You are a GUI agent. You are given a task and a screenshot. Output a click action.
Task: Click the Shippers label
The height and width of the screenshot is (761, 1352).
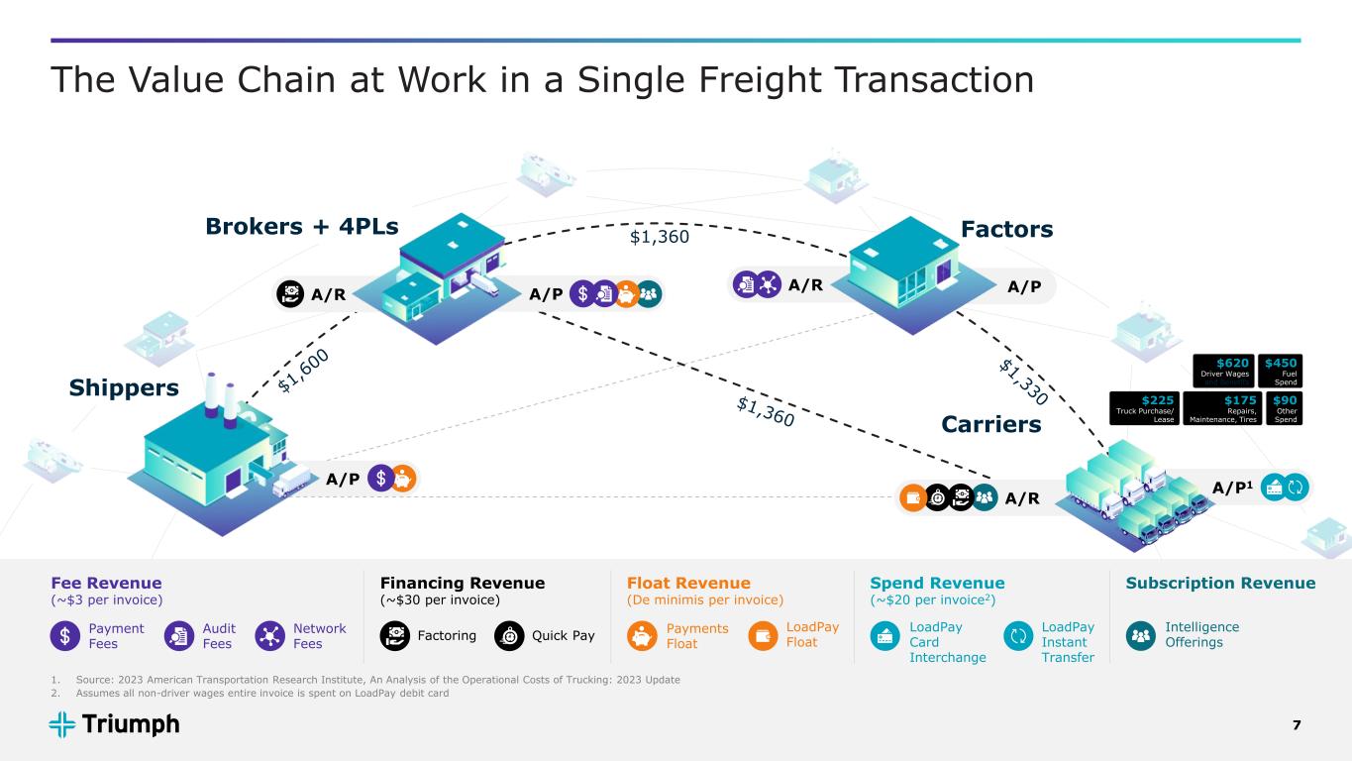(x=124, y=387)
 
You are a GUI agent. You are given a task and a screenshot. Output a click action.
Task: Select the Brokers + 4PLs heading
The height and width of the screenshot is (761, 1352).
(x=302, y=227)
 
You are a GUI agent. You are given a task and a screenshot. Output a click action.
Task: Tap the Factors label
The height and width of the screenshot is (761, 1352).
(x=1006, y=230)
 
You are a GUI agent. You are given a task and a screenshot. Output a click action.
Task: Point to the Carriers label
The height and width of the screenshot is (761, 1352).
(x=990, y=424)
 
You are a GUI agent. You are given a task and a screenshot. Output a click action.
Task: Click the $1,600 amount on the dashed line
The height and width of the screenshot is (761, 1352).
(x=303, y=370)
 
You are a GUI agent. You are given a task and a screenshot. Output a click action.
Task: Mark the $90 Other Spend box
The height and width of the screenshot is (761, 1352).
(x=1285, y=407)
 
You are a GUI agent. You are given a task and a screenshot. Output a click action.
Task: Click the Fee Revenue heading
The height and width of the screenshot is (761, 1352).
(x=105, y=583)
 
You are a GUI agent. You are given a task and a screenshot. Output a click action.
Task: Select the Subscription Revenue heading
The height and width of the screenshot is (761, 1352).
(x=1220, y=583)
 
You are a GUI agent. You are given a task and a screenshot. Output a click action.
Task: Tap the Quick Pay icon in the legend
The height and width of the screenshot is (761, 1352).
(x=509, y=635)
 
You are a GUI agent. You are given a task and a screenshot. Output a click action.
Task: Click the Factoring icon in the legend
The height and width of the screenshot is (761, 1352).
(x=395, y=635)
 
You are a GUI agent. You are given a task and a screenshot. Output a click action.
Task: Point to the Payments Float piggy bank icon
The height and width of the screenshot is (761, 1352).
(x=643, y=635)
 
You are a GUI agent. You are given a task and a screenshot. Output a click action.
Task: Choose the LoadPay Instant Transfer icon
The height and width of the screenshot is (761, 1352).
(x=1018, y=635)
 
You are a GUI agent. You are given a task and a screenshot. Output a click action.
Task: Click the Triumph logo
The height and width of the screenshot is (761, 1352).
(x=114, y=724)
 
